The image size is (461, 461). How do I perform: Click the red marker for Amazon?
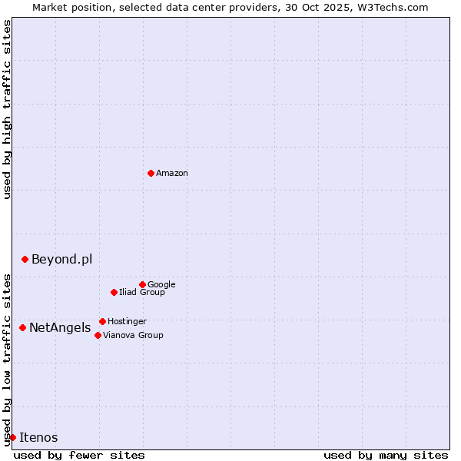(151, 173)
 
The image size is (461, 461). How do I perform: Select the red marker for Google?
(142, 284)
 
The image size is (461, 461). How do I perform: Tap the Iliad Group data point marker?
(114, 292)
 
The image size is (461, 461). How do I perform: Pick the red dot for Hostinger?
(102, 321)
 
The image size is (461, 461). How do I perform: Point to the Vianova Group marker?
(98, 335)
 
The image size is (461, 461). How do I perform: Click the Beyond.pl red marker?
(25, 259)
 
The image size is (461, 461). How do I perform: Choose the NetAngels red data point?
(22, 327)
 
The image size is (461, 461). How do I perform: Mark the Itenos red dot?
(12, 437)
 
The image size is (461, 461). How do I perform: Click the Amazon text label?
(172, 174)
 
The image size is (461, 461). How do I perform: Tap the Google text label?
(161, 284)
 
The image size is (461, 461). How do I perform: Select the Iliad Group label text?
(142, 292)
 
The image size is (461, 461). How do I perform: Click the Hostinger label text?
(127, 321)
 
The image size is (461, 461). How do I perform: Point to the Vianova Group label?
(133, 335)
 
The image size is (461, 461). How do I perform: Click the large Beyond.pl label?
(61, 259)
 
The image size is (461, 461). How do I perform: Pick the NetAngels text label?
(60, 328)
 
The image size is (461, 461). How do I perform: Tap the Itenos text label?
(38, 438)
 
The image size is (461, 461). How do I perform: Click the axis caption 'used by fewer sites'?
(79, 455)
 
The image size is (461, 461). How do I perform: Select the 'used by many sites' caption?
(386, 455)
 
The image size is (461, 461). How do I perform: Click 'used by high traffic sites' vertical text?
(7, 110)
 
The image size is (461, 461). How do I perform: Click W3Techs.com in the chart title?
(393, 7)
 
